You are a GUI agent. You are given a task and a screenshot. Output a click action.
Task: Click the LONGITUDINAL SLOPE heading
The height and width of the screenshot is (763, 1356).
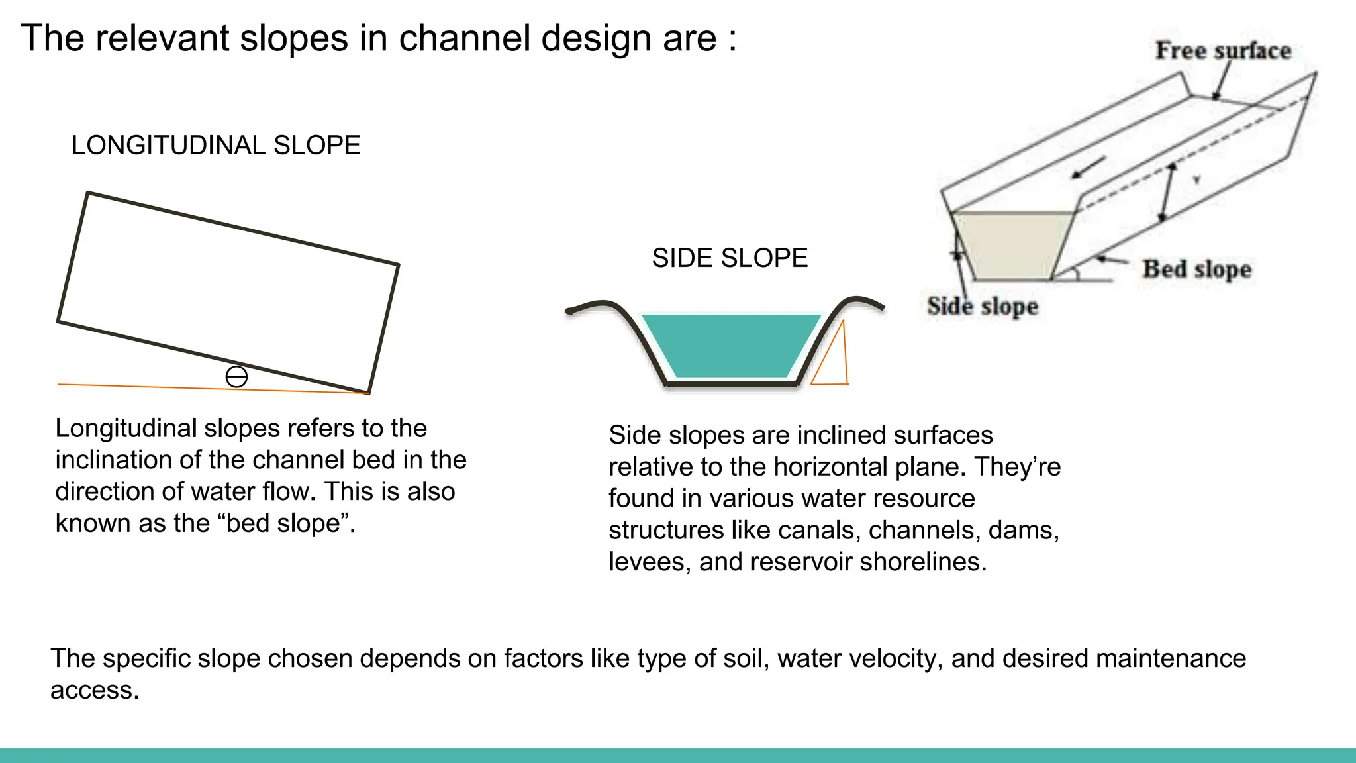(216, 146)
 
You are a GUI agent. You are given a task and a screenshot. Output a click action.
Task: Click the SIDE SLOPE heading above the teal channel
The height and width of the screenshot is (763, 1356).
(730, 258)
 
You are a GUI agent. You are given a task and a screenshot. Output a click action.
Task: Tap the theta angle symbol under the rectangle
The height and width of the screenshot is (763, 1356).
(236, 377)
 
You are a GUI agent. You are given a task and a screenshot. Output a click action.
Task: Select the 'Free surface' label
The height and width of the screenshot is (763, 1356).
(1223, 51)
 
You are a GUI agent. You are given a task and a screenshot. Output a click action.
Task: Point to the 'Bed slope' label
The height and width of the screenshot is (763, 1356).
(1197, 269)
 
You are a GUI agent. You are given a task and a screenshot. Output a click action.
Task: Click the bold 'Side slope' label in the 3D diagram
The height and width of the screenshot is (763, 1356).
(983, 306)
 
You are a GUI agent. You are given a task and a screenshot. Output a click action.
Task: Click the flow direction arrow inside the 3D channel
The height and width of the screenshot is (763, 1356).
(1089, 168)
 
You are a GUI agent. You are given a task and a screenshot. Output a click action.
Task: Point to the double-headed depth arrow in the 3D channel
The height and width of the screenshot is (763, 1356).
(1167, 192)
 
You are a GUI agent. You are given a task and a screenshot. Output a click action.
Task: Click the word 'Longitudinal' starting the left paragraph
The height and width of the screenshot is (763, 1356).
(126, 429)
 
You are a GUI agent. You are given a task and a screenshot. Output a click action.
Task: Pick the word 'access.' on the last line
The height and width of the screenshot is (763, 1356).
(95, 690)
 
